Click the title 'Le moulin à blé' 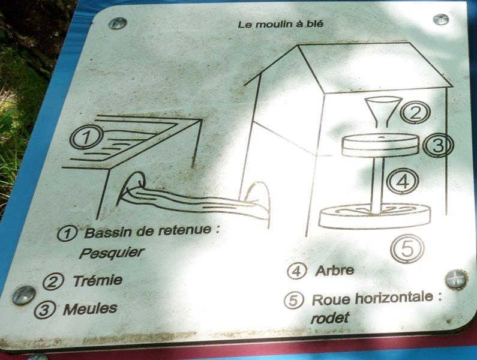click(x=280, y=25)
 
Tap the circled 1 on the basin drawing click(x=86, y=137)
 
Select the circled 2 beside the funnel click(x=415, y=112)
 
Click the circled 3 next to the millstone click(x=438, y=145)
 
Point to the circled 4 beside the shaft click(x=403, y=181)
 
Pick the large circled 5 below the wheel click(x=407, y=248)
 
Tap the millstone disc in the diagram click(x=381, y=145)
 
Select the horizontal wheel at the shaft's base click(x=375, y=216)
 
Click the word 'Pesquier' click(x=112, y=253)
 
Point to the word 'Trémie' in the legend click(x=98, y=281)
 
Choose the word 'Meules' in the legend click(x=90, y=309)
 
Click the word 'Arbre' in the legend click(x=334, y=271)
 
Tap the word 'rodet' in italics click(x=329, y=318)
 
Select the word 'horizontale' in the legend click(x=394, y=298)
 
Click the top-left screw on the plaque click(x=118, y=23)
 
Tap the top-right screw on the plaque click(x=441, y=19)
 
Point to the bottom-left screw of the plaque click(x=24, y=295)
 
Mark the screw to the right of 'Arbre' click(x=456, y=280)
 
